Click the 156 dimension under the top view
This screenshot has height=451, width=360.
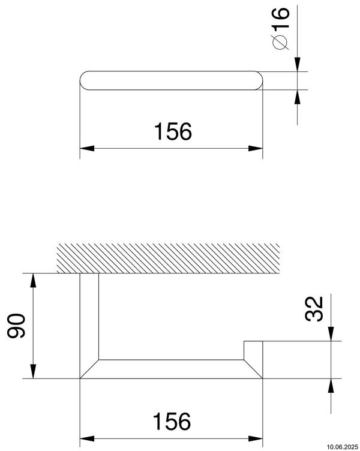coord(173,131)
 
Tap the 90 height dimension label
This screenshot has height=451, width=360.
coord(18,327)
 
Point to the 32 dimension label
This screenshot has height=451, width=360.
coord(313,309)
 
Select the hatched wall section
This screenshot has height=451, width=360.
coord(168,257)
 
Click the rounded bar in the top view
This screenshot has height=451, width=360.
coord(171,81)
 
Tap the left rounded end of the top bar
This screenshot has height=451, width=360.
coord(85,81)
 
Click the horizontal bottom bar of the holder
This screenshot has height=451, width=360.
coord(171,369)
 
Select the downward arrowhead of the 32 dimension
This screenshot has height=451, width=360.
coord(331,336)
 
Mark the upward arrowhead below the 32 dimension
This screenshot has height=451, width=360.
coord(331,384)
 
